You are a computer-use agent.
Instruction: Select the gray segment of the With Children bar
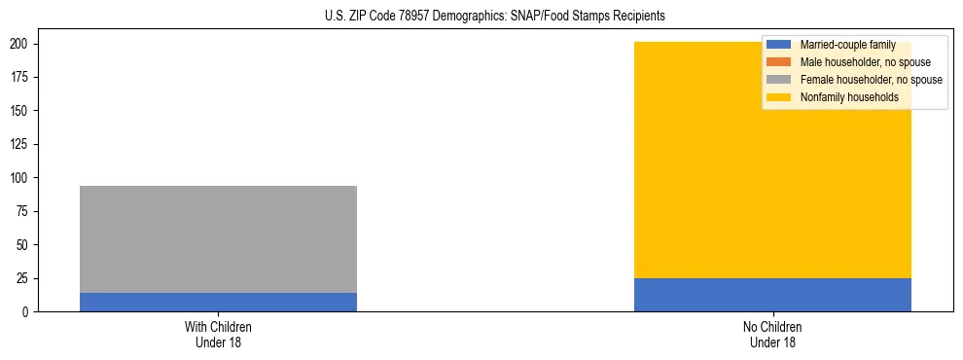(x=218, y=239)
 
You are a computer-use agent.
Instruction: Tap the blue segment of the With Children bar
(x=218, y=302)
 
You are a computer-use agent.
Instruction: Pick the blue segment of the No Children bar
(x=772, y=295)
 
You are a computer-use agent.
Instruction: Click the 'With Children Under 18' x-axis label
(x=218, y=334)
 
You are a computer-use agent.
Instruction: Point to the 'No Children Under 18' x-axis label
(x=772, y=334)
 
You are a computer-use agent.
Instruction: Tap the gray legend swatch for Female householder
(x=779, y=80)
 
